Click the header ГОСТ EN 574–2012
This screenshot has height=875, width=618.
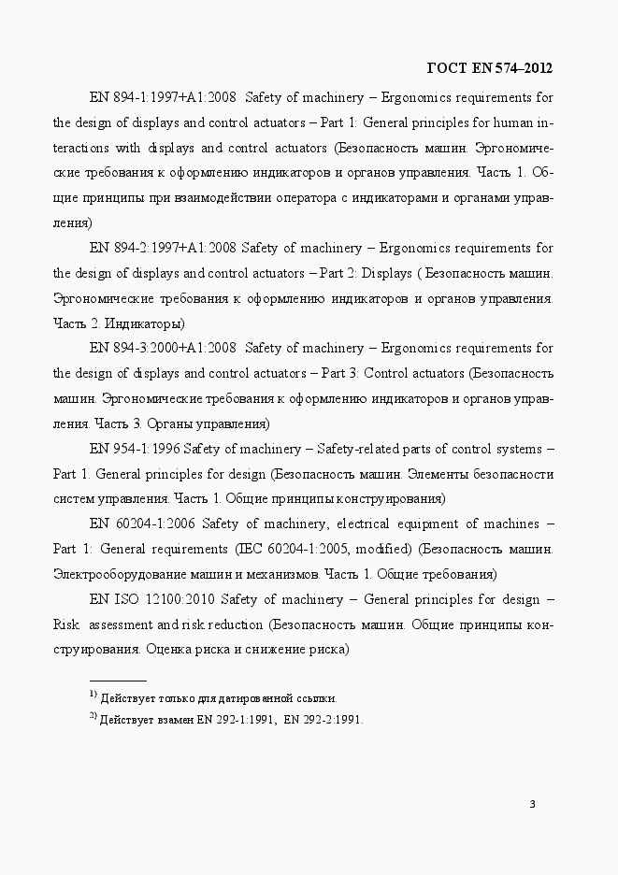[x=489, y=67]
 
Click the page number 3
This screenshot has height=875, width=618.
[x=532, y=805]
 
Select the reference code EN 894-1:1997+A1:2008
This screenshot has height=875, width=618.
[x=162, y=96]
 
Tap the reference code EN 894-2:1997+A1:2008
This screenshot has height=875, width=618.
[x=162, y=248]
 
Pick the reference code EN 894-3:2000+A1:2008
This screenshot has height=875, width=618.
[x=162, y=348]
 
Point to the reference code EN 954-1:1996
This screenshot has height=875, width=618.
[x=136, y=449]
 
